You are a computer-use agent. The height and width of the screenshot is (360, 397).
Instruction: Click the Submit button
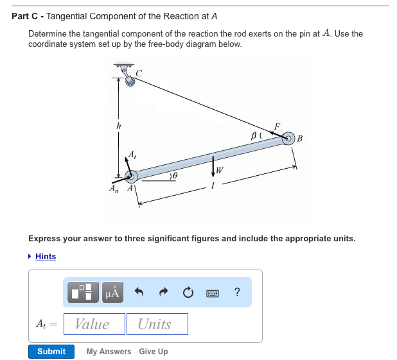pos(51,352)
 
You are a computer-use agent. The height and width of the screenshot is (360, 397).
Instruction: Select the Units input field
pos(157,324)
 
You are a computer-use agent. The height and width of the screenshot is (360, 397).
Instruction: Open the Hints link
pos(45,257)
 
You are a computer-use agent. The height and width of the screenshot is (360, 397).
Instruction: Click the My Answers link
pos(109,352)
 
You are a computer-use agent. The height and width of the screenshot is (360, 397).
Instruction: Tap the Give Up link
pos(154,352)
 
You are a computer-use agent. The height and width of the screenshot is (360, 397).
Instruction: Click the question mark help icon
pos(238,293)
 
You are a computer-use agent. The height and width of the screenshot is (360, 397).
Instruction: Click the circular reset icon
pos(188,293)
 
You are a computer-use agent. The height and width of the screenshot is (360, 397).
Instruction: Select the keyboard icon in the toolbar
pos(213,293)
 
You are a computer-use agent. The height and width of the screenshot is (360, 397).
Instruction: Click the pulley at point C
pos(130,81)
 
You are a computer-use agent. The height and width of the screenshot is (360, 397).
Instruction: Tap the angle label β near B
pos(254,136)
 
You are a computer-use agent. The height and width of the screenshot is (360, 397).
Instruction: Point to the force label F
pos(277,126)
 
